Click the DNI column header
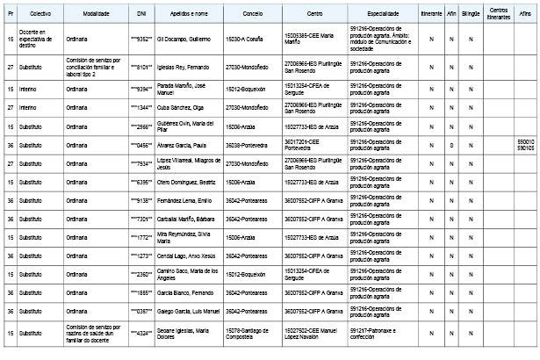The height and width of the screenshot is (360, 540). click(x=141, y=16)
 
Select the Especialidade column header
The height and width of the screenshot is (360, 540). click(x=385, y=16)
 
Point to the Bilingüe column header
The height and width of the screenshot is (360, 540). click(x=470, y=16)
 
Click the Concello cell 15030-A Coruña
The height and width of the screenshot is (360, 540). click(x=247, y=39)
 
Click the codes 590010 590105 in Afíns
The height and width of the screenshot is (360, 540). click(x=524, y=145)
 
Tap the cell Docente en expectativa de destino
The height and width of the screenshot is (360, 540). click(x=40, y=39)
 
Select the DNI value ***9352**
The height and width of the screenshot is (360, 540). click(x=141, y=39)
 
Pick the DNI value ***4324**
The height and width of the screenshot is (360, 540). click(x=141, y=333)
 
